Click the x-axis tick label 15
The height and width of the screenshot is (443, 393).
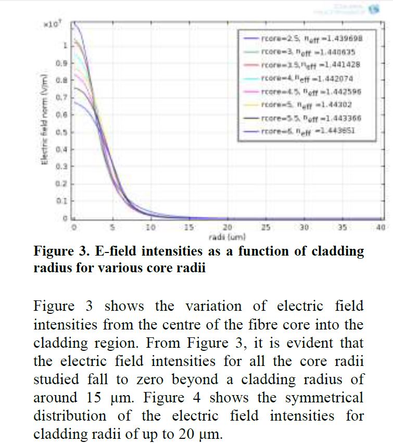pos(188,227)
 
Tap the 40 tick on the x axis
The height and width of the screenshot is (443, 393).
pos(381,227)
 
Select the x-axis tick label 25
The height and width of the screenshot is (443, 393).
pos(265,227)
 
